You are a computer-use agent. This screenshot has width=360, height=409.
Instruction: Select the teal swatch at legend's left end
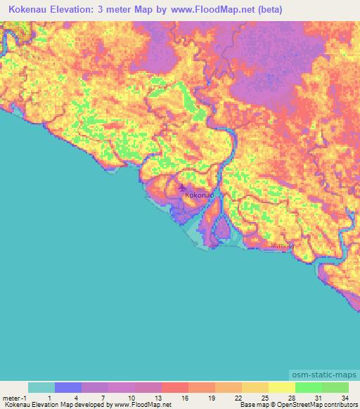(x=41, y=387)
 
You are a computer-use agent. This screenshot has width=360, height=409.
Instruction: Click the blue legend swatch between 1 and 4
(x=68, y=387)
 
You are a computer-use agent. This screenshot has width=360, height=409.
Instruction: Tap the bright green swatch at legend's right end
(x=335, y=387)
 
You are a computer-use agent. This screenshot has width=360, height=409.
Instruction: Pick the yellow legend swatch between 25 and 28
(x=281, y=387)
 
